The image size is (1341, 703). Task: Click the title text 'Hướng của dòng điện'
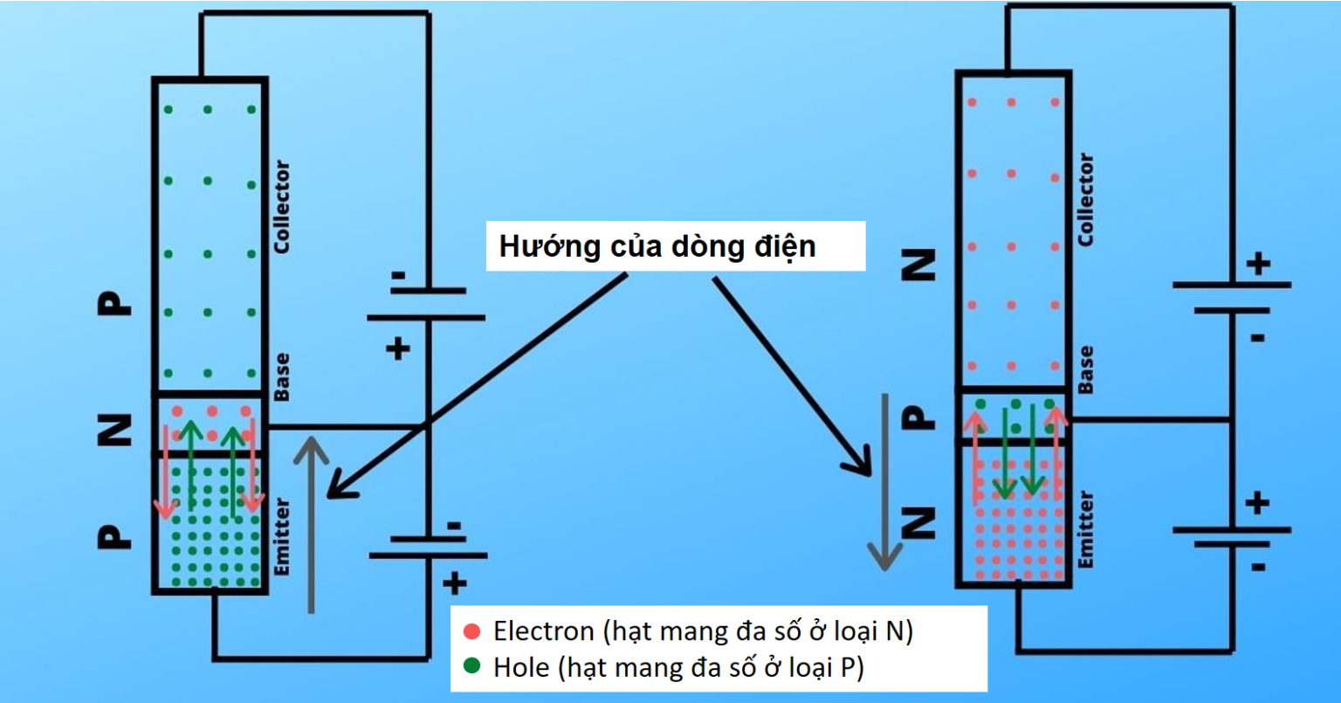[657, 246]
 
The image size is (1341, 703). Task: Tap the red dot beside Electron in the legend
[472, 631]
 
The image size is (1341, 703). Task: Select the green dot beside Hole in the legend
[472, 667]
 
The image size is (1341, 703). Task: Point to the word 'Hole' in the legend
[521, 667]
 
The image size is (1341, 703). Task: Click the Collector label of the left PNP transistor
[281, 208]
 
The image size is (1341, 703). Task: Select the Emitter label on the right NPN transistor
[1085, 529]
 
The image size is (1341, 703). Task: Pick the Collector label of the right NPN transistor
[1085, 199]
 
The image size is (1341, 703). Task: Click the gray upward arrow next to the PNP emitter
[312, 524]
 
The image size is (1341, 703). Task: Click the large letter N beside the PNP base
[114, 429]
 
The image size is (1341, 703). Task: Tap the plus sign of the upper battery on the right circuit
[1258, 263]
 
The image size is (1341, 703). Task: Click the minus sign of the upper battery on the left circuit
[398, 276]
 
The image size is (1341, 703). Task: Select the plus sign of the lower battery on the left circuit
[454, 583]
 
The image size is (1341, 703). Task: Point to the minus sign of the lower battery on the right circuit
[1258, 566]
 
